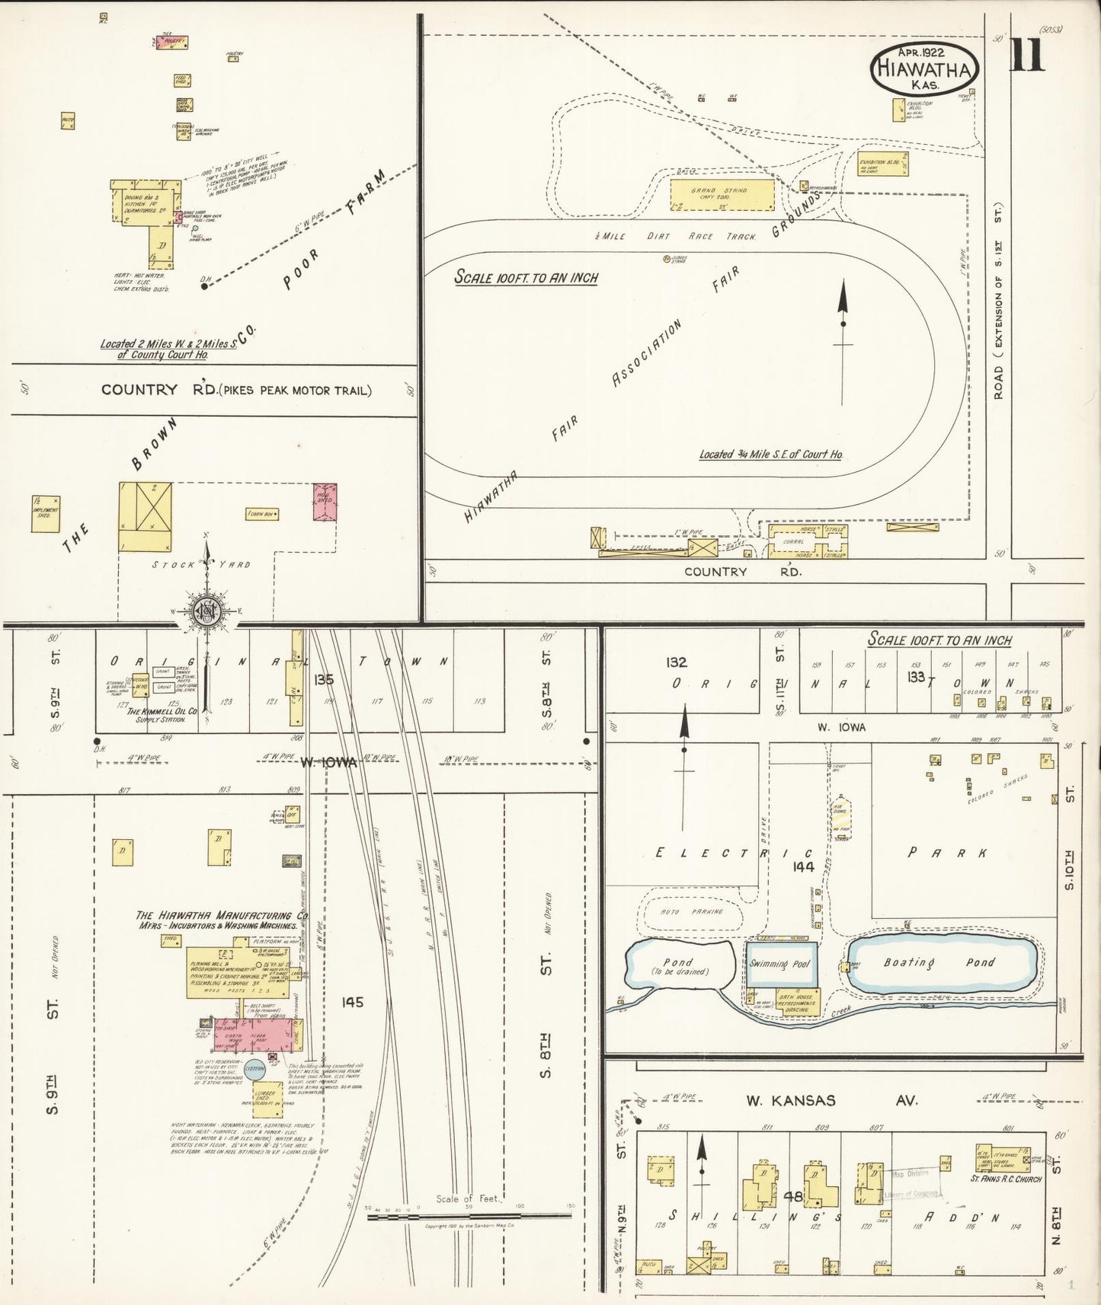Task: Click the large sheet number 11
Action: coord(1026,54)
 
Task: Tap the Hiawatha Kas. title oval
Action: coord(924,67)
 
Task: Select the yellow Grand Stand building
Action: coord(721,194)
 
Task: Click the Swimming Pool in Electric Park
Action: coord(781,964)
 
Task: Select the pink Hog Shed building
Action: coord(326,502)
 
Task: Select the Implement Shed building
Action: coord(47,508)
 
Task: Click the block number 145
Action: coord(353,1002)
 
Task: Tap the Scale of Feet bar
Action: coord(469,1217)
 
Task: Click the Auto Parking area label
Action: coord(681,911)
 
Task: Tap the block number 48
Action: coord(793,1196)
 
